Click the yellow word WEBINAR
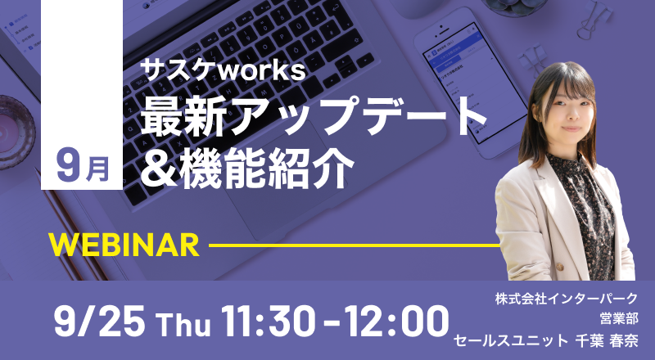click(124, 245)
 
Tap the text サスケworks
click(223, 70)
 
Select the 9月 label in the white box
click(83, 168)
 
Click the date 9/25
click(99, 322)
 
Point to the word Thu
click(183, 324)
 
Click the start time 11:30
click(269, 322)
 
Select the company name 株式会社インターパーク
click(566, 299)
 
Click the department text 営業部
click(619, 318)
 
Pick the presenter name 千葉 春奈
click(607, 341)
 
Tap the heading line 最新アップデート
click(314, 116)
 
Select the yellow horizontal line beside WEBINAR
click(355, 245)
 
